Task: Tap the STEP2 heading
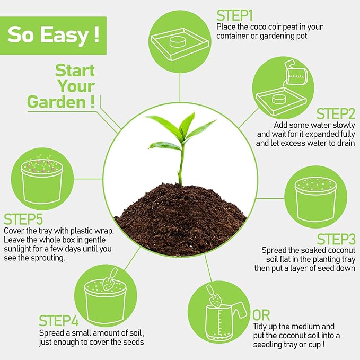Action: (336, 114)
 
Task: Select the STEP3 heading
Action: (336, 239)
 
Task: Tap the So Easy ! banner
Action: (53, 35)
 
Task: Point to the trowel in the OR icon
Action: (214, 297)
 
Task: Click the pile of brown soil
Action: (180, 217)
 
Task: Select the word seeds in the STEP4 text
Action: (133, 342)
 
